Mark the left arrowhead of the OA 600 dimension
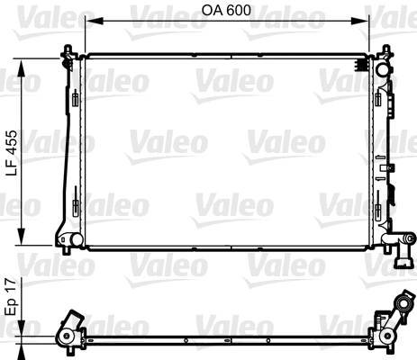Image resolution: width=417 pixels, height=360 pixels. point(86,21)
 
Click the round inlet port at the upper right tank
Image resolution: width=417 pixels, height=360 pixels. point(384,68)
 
